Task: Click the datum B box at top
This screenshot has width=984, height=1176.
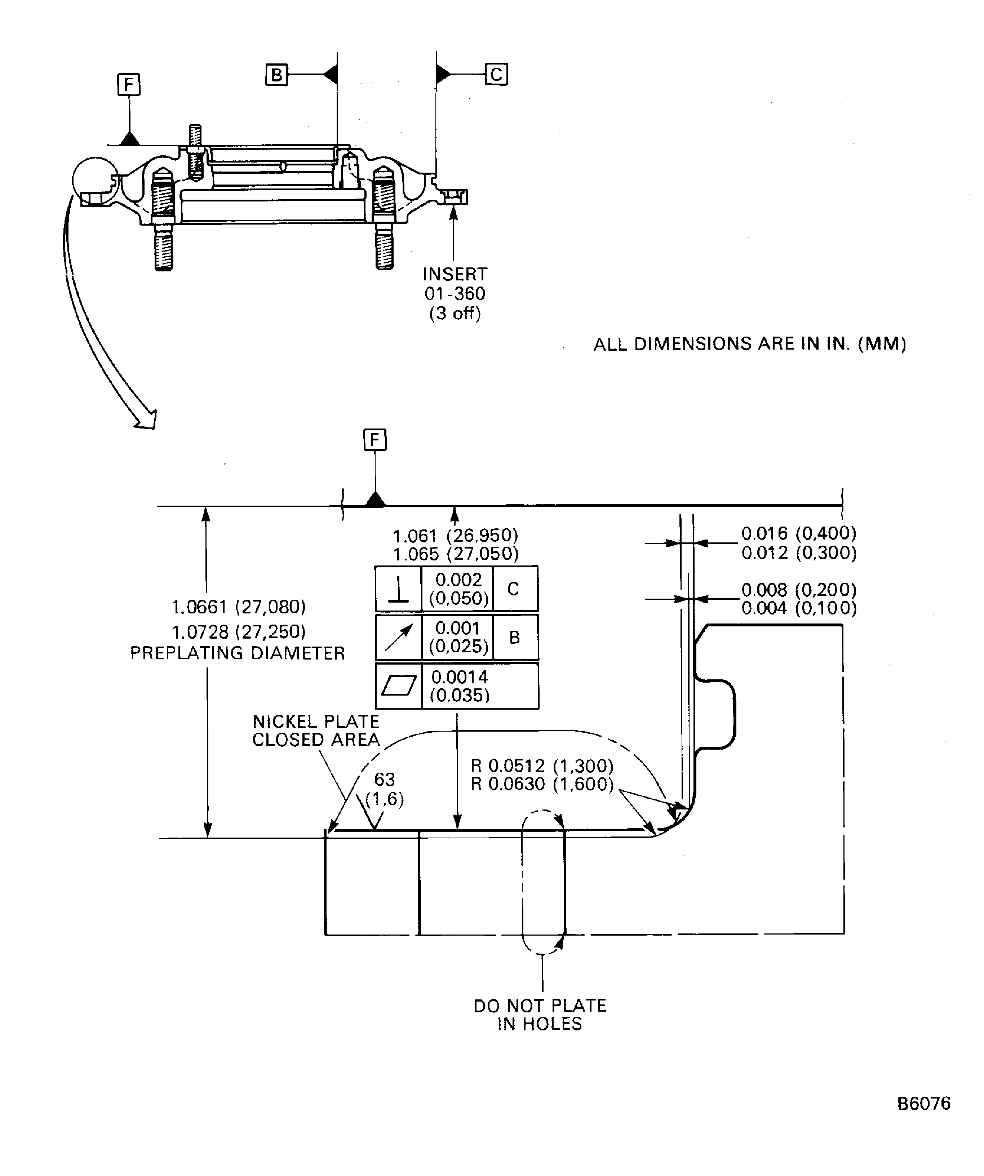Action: click(x=276, y=75)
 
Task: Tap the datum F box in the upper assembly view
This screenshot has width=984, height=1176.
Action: click(x=129, y=85)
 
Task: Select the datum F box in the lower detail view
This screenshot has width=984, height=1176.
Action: click(x=374, y=440)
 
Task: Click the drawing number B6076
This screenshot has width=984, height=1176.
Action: click(x=923, y=1103)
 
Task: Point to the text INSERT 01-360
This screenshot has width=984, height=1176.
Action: click(x=455, y=284)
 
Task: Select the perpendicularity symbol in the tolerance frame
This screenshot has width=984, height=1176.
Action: click(x=398, y=589)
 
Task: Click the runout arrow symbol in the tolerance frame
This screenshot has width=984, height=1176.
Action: click(x=398, y=638)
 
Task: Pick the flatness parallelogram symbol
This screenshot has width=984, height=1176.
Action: click(x=398, y=686)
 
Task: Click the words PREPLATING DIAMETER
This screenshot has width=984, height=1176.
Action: click(x=238, y=653)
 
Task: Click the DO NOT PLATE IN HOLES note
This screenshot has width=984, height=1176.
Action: click(x=540, y=1015)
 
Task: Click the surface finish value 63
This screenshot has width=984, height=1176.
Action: click(x=384, y=780)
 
